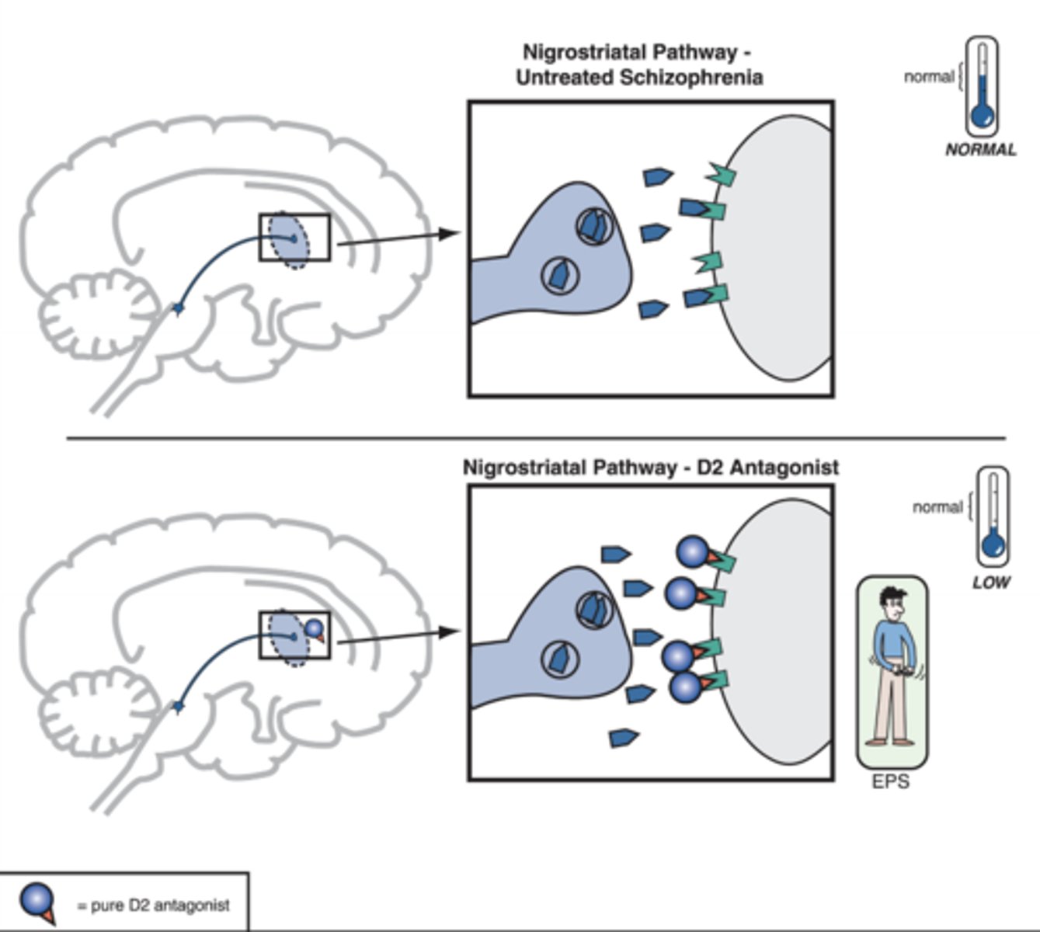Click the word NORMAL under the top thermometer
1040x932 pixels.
(x=980, y=150)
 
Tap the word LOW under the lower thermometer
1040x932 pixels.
(x=991, y=582)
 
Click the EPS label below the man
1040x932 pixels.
(x=890, y=781)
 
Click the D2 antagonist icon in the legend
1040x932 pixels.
(x=37, y=902)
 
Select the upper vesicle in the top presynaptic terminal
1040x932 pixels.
(x=594, y=226)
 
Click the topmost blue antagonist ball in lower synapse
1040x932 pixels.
(x=692, y=552)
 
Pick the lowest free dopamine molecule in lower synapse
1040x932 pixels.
(x=624, y=737)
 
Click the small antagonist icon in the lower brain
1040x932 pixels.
(x=314, y=628)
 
